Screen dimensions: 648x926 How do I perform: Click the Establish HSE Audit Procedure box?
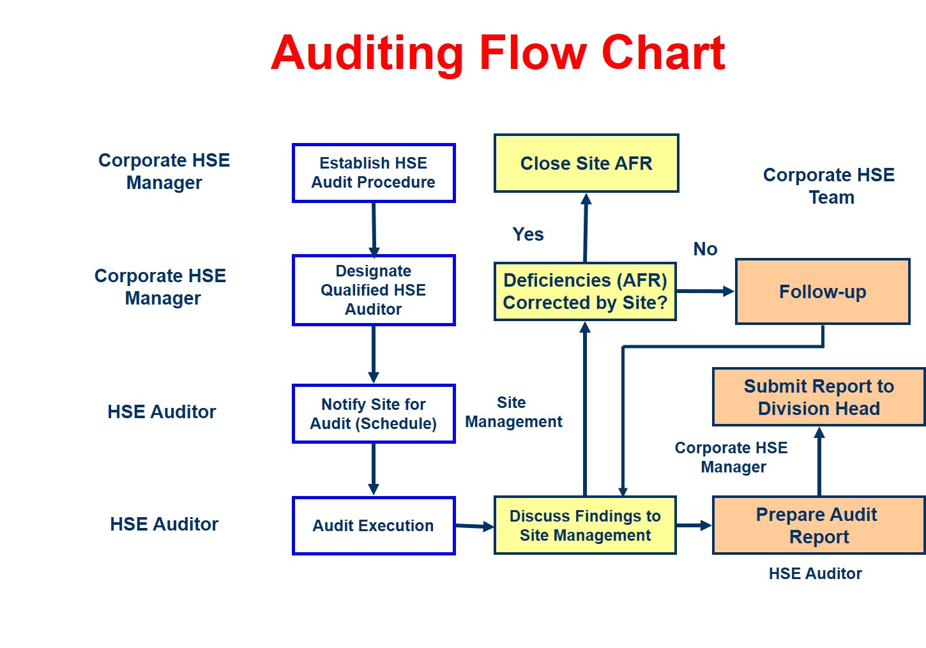click(374, 173)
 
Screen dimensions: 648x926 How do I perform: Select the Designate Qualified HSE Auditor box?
click(374, 290)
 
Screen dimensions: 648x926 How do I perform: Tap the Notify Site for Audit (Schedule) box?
click(374, 414)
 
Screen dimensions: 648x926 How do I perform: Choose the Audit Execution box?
click(374, 525)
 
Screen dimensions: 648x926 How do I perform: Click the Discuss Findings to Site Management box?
click(585, 525)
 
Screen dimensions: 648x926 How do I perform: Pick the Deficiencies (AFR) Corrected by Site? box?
click(585, 291)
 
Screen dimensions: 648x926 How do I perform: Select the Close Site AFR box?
click(586, 163)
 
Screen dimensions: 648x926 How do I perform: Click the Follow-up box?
click(823, 292)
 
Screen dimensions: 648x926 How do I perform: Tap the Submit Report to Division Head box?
click(819, 397)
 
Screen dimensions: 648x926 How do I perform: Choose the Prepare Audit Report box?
click(819, 525)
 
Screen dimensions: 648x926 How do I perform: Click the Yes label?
click(528, 234)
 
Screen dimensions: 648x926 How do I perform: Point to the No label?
click(705, 249)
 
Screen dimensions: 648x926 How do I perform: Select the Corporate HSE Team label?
click(830, 186)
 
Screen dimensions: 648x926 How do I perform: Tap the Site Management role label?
click(513, 412)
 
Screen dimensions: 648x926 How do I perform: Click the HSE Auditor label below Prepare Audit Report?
click(815, 573)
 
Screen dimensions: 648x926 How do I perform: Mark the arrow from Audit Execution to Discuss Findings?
click(474, 526)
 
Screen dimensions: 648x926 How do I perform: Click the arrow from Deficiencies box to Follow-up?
click(705, 291)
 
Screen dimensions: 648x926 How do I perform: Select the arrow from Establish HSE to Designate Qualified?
click(374, 229)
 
